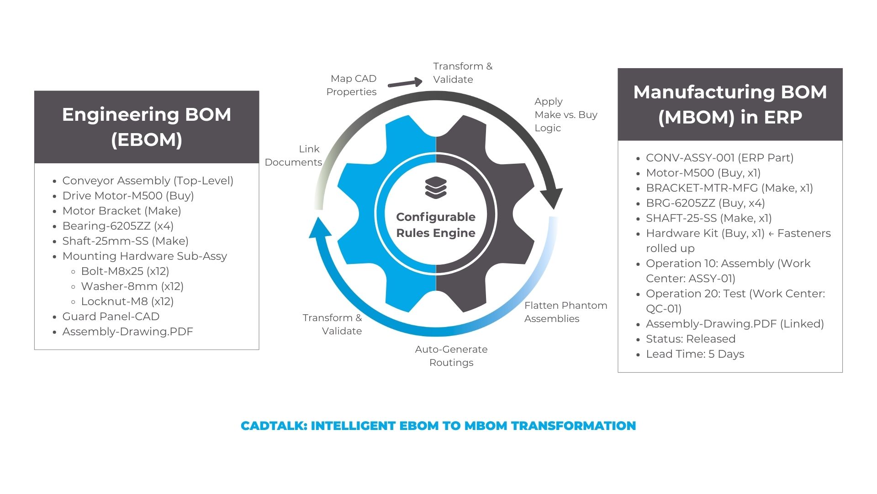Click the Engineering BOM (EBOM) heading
(x=147, y=127)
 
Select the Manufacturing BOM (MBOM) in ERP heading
(x=730, y=104)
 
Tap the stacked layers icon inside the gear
(x=436, y=188)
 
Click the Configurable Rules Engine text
(x=436, y=225)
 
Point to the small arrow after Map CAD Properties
(x=405, y=83)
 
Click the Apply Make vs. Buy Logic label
(x=565, y=115)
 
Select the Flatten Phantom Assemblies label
(x=565, y=312)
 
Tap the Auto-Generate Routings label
(x=451, y=356)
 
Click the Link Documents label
(x=294, y=156)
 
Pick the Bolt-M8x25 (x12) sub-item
(x=125, y=271)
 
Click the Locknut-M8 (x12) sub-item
(x=127, y=301)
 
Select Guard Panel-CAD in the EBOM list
(x=111, y=317)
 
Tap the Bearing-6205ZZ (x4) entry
(x=118, y=226)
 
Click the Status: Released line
(x=690, y=339)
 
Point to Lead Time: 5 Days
(x=695, y=354)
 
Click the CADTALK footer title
(x=438, y=426)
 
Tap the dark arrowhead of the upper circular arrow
(x=552, y=198)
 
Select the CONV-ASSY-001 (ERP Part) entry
(x=719, y=158)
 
